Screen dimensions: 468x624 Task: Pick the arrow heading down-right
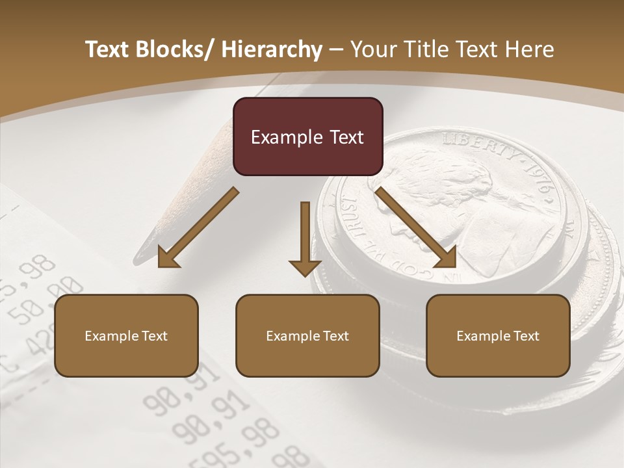coord(416,227)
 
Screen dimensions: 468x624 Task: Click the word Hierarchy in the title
coord(272,49)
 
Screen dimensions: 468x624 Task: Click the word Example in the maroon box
coord(287,137)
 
